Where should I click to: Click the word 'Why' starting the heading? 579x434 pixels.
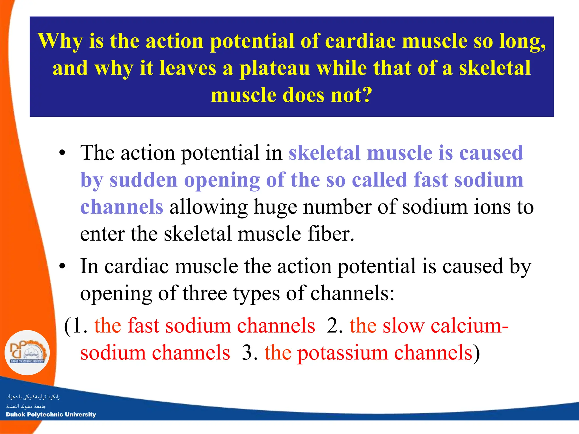point(61,41)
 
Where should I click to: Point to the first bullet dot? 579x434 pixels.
point(62,153)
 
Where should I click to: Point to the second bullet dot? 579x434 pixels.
point(62,266)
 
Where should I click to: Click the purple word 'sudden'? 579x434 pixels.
point(144,180)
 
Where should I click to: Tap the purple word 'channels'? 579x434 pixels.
point(122,207)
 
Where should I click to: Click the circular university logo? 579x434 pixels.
point(27,353)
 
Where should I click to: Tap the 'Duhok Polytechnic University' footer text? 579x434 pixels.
point(51,415)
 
